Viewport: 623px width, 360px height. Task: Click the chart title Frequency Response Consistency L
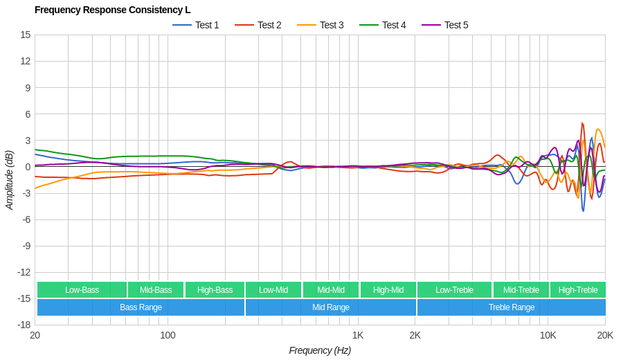(x=112, y=10)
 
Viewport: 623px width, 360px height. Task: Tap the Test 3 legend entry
(x=320, y=25)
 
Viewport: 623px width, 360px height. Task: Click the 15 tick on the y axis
(x=26, y=35)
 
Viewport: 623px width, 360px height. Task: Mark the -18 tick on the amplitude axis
(x=24, y=325)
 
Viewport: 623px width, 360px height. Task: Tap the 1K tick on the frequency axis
(x=358, y=335)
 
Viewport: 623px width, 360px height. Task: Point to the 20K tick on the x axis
(x=605, y=335)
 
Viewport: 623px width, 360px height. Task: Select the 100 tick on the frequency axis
(x=168, y=335)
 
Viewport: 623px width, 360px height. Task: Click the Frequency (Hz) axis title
(x=320, y=350)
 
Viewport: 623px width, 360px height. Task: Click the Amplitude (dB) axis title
(x=10, y=180)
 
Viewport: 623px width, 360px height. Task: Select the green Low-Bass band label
(x=82, y=290)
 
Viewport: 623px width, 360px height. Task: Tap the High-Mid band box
(x=388, y=290)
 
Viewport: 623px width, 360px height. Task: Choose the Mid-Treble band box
(x=521, y=290)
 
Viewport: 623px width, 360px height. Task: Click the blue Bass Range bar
(x=141, y=307)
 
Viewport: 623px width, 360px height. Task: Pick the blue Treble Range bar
(x=512, y=307)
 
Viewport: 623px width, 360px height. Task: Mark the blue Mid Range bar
(x=331, y=307)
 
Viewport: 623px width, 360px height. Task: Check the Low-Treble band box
(x=454, y=290)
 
